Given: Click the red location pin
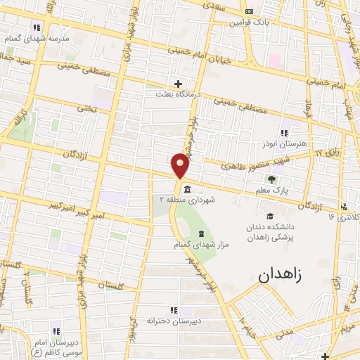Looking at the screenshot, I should (x=181, y=165).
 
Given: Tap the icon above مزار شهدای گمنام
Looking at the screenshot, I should (x=202, y=233).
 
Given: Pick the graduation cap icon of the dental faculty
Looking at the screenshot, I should (x=270, y=217).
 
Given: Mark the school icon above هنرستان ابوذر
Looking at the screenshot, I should (x=284, y=132).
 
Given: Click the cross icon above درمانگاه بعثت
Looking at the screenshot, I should (x=179, y=84).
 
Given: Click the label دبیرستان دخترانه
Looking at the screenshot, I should (x=169, y=320).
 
